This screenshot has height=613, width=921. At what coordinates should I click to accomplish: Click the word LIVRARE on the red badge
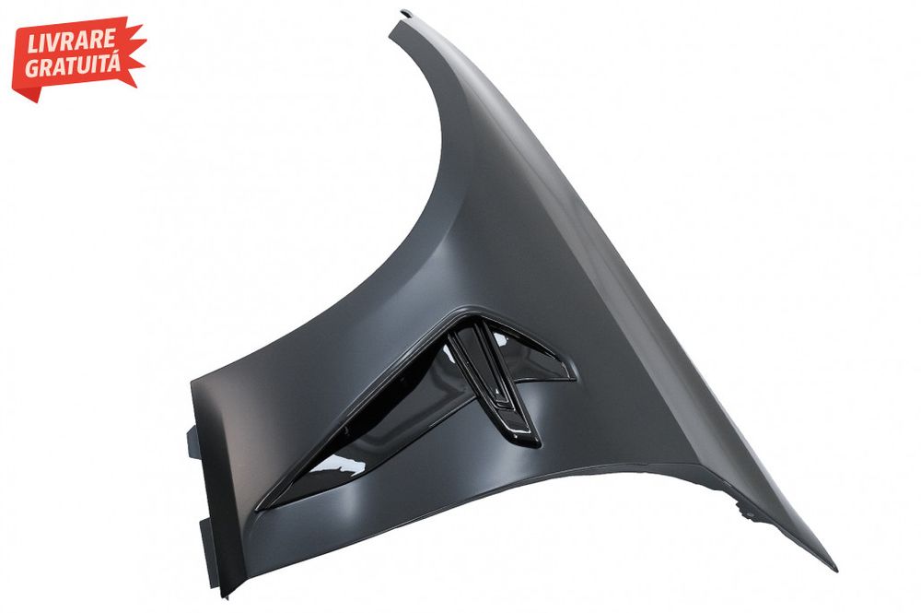tap(71, 41)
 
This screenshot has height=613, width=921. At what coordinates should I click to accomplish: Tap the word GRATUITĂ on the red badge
tap(73, 65)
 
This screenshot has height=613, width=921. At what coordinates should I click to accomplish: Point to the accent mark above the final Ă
tap(113, 53)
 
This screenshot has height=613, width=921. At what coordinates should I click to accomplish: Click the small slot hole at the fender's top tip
tap(405, 12)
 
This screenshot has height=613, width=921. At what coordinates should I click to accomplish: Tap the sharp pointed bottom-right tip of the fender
tap(836, 570)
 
